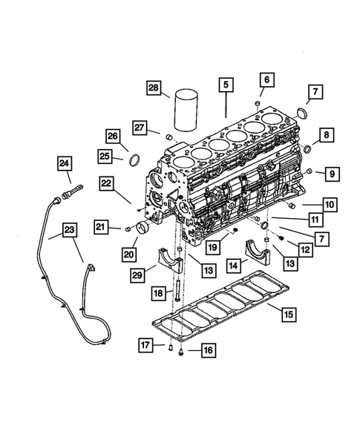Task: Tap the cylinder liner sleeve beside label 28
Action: pos(185,111)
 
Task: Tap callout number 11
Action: pos(315,220)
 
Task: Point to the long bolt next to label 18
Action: pos(179,304)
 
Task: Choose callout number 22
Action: pos(107,182)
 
